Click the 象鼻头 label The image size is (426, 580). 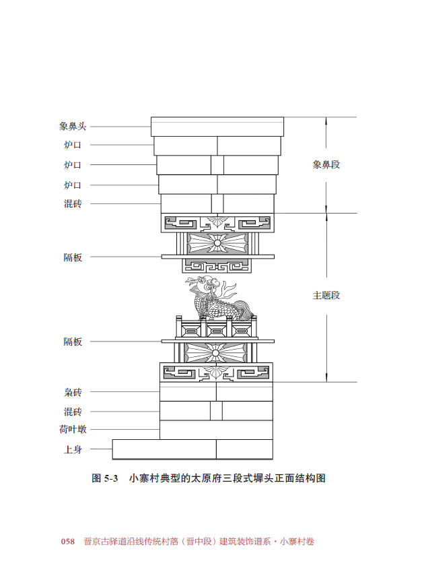pyautogui.click(x=73, y=126)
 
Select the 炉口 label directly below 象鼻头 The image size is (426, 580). pyautogui.click(x=73, y=145)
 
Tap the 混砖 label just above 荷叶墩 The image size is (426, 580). pyautogui.click(x=73, y=412)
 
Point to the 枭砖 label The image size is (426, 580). pyautogui.click(x=73, y=392)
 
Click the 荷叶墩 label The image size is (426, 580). pyautogui.click(x=73, y=429)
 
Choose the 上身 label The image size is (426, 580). pyautogui.click(x=73, y=449)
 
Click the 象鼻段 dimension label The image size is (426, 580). pyautogui.click(x=326, y=164)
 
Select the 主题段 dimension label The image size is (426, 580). pyautogui.click(x=326, y=295)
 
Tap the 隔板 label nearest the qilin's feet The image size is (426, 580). pyautogui.click(x=73, y=342)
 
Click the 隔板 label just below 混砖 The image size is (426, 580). pyautogui.click(x=73, y=257)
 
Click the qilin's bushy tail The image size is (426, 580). pyautogui.click(x=245, y=311)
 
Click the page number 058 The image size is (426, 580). pyautogui.click(x=68, y=542)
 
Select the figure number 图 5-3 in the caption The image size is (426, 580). pyautogui.click(x=104, y=478)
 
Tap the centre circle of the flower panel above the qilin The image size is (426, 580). pyautogui.click(x=217, y=243)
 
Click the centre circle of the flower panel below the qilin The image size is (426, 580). pyautogui.click(x=217, y=353)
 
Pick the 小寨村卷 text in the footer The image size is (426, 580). pyautogui.click(x=297, y=542)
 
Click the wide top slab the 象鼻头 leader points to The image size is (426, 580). pyautogui.click(x=217, y=127)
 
